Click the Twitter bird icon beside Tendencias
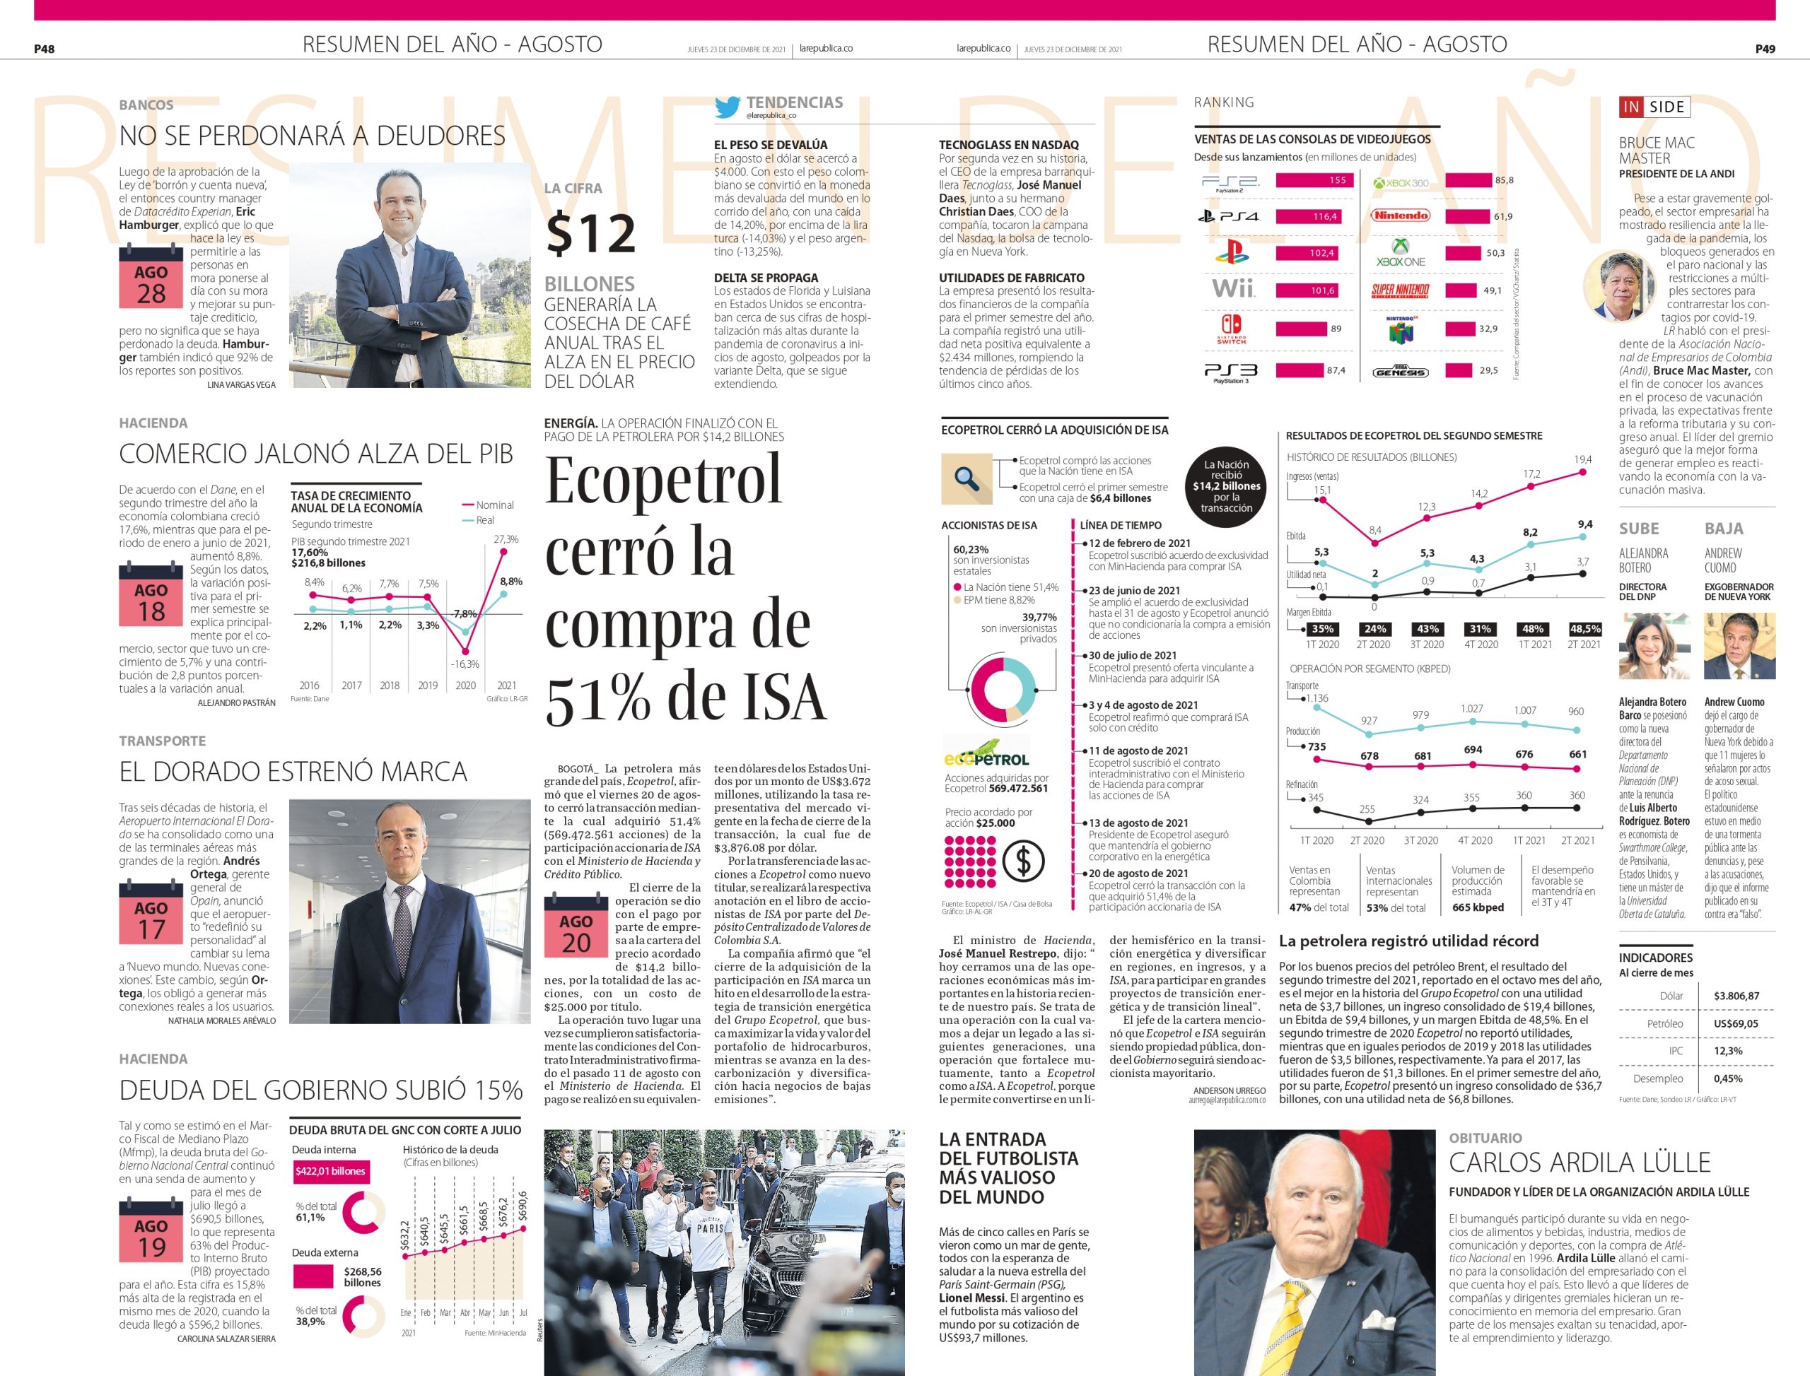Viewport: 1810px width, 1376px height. coord(727,107)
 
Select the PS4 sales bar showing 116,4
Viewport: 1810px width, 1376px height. coord(1314,217)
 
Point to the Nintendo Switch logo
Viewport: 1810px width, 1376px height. coord(1231,328)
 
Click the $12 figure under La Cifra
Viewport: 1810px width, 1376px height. coord(591,233)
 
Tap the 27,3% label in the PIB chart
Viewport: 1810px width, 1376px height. coord(506,540)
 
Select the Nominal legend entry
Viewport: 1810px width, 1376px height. coord(489,505)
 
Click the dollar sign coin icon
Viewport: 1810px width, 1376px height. coord(1023,861)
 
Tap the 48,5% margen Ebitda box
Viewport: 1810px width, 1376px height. coord(1584,629)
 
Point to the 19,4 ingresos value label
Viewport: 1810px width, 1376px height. coord(1582,459)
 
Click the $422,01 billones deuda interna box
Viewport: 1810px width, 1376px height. coord(330,1171)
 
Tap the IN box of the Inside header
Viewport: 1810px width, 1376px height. coord(1631,107)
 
